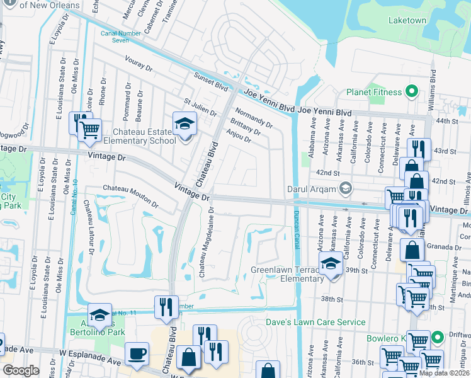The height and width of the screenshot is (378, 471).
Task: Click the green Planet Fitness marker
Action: click(x=412, y=92)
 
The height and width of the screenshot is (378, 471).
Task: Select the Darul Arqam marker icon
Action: click(x=345, y=188)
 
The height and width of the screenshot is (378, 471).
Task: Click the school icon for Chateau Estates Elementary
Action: click(x=184, y=123)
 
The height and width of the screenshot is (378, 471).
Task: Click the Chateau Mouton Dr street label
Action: click(x=131, y=196)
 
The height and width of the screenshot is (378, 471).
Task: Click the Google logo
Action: click(x=20, y=370)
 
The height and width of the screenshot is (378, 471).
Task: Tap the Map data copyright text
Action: click(x=443, y=373)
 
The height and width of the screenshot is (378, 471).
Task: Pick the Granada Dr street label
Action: click(x=448, y=248)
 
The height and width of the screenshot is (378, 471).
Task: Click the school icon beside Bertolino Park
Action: click(x=99, y=314)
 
